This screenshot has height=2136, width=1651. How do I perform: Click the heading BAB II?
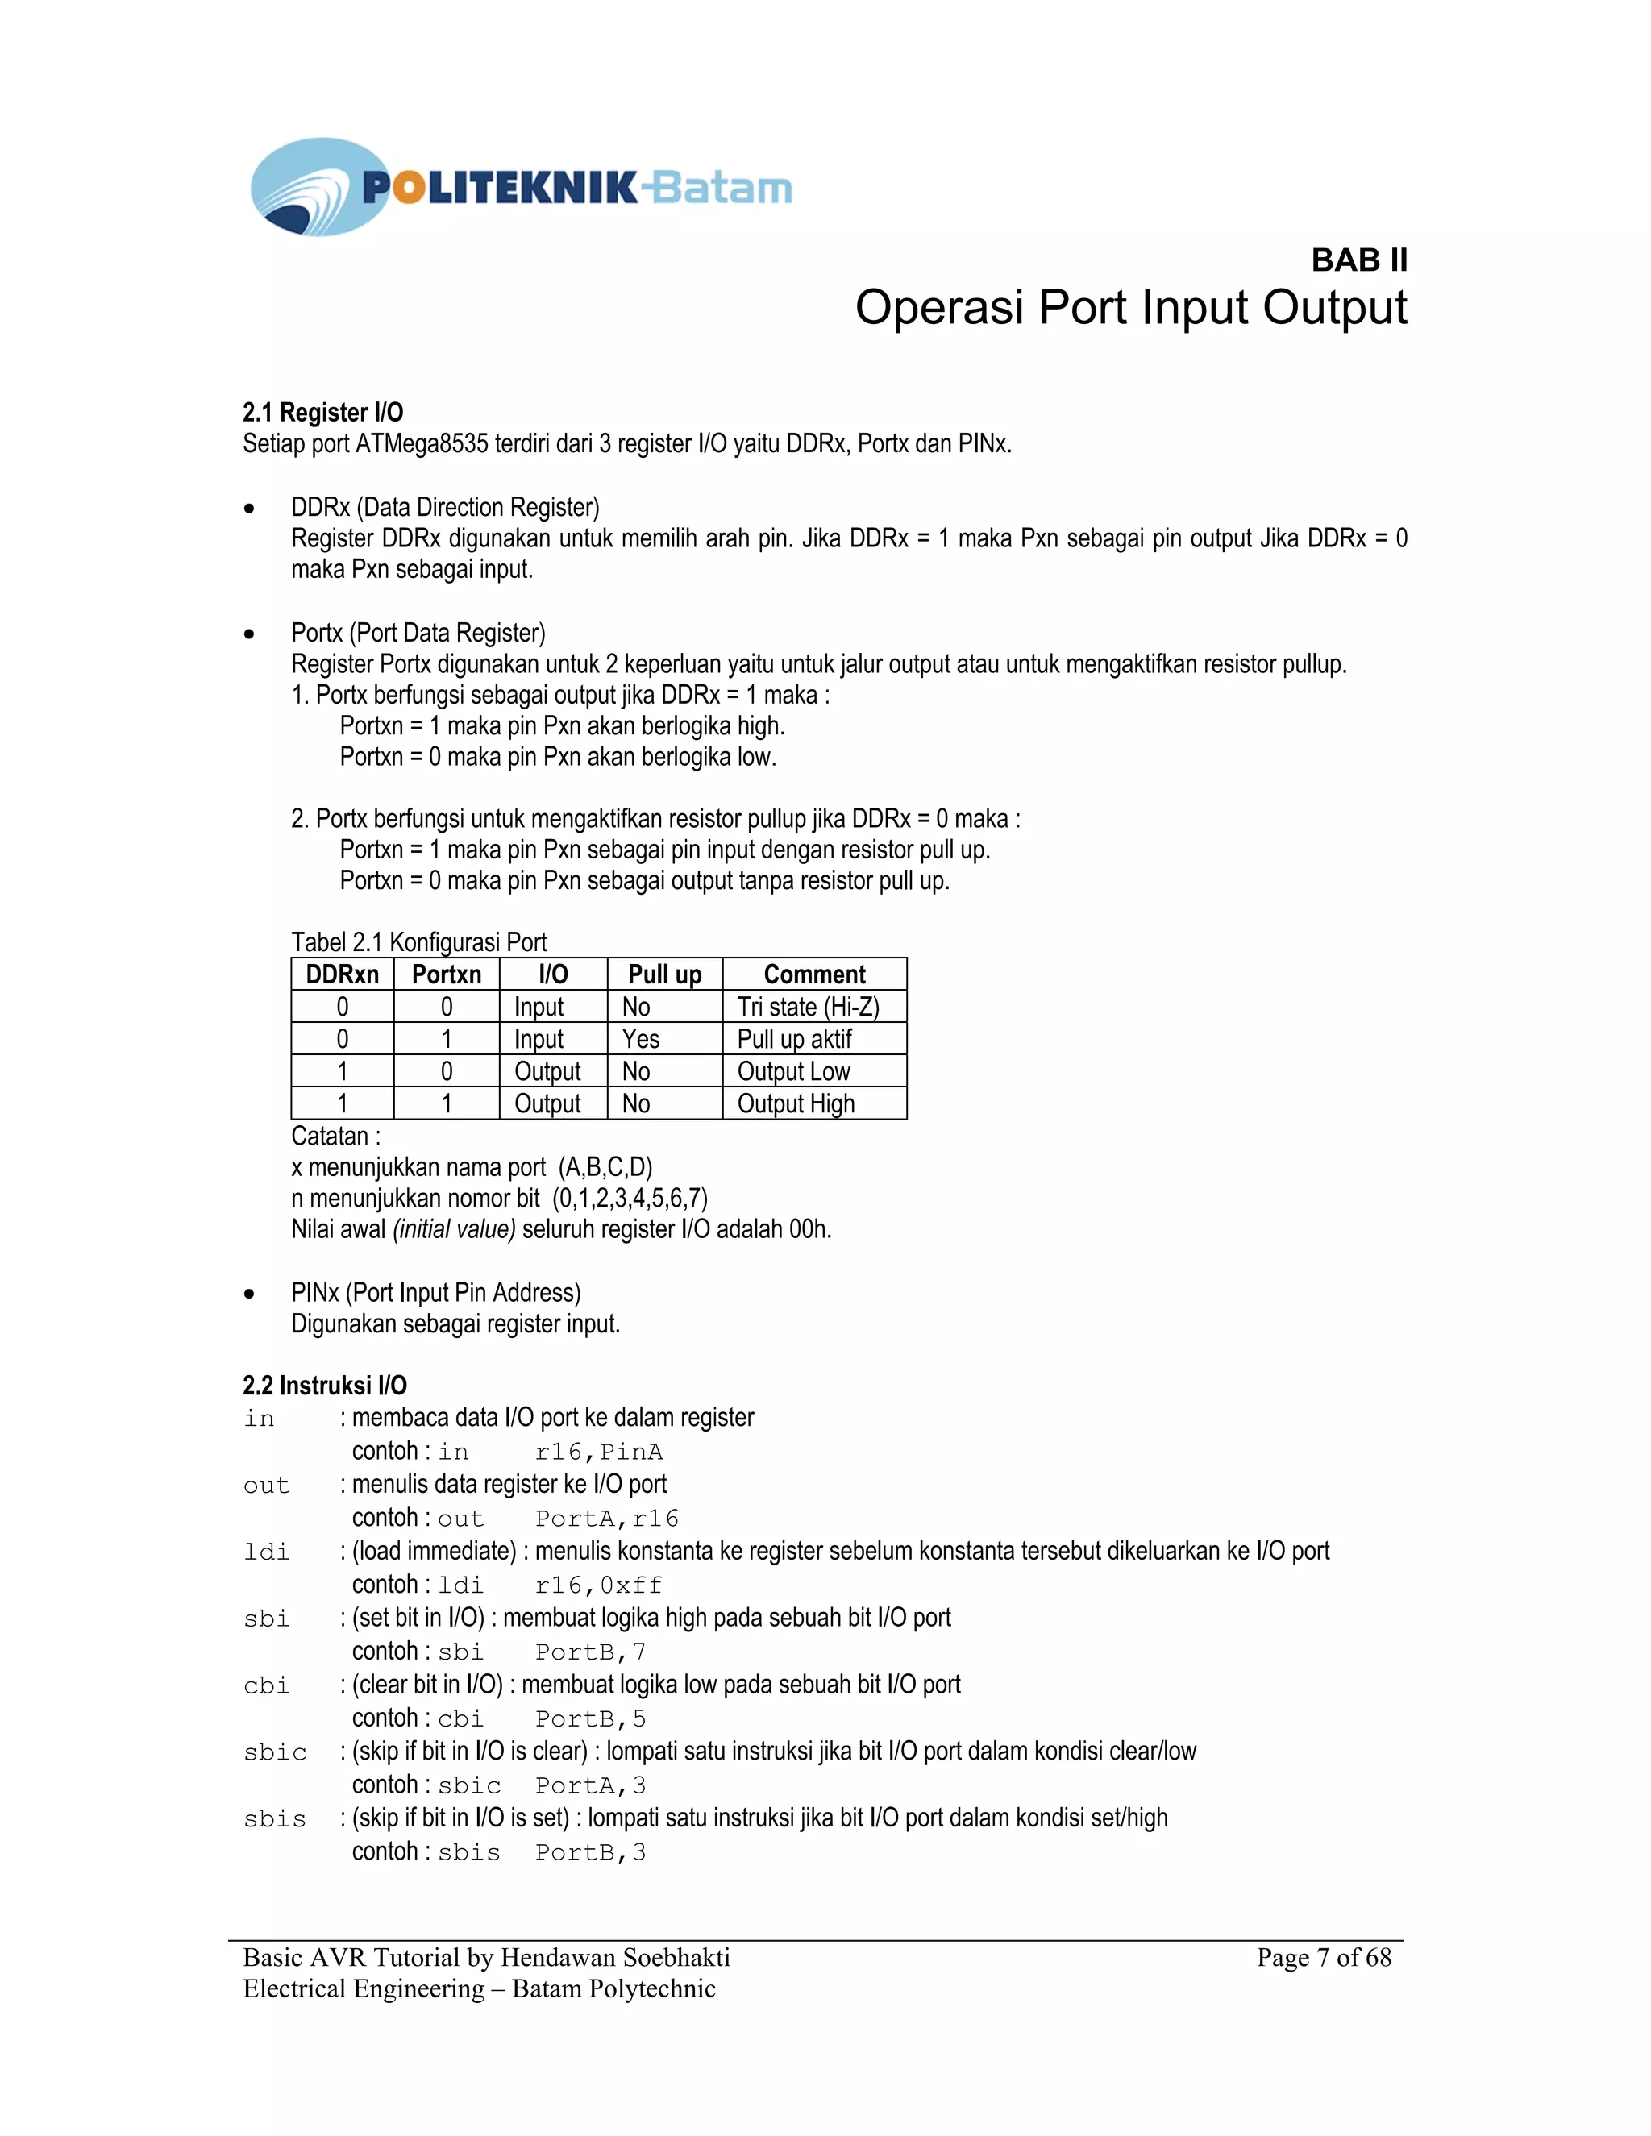[x=1358, y=260]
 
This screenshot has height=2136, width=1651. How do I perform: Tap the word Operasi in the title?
[x=940, y=308]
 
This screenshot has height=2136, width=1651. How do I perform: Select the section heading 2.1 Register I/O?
[x=322, y=412]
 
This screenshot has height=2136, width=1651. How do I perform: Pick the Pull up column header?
[x=664, y=974]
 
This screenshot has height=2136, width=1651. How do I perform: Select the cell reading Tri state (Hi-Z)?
[x=808, y=1007]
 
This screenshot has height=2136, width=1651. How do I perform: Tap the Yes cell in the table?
[x=641, y=1039]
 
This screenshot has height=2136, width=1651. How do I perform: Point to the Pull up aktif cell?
[x=794, y=1039]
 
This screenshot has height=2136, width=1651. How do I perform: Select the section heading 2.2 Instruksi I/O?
[x=325, y=1385]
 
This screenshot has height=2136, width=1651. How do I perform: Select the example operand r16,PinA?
[x=599, y=1452]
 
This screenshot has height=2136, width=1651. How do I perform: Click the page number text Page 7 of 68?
[x=1324, y=1957]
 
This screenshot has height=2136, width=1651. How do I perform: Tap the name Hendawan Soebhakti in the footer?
[x=615, y=1957]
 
